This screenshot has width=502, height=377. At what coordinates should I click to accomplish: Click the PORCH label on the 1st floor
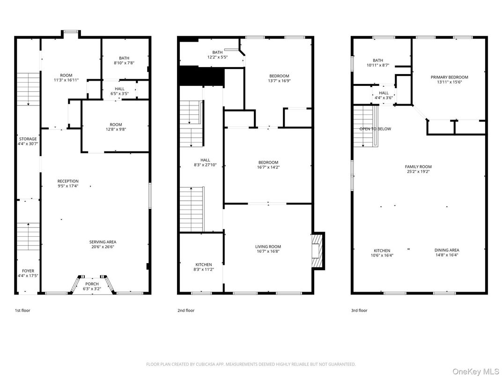click(x=92, y=284)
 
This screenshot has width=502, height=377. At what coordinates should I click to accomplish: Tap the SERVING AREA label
click(x=103, y=242)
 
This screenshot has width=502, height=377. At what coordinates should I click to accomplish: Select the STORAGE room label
click(x=28, y=139)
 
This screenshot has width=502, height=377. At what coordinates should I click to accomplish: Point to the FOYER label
click(x=28, y=271)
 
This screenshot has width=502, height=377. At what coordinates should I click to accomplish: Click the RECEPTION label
click(x=68, y=181)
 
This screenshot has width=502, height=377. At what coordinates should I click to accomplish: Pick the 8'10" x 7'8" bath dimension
click(x=124, y=63)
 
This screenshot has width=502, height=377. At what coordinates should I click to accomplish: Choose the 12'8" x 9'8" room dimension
click(x=116, y=129)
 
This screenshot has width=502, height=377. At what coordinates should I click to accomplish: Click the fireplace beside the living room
click(x=318, y=250)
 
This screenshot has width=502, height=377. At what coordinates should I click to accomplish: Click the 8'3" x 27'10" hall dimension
click(x=205, y=165)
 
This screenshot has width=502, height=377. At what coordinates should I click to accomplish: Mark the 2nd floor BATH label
click(x=217, y=53)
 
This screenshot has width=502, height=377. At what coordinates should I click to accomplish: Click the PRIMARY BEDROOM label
click(x=449, y=77)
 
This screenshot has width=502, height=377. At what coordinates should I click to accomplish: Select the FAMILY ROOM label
click(x=418, y=166)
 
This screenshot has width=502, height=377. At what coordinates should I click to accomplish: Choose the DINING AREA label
click(x=447, y=250)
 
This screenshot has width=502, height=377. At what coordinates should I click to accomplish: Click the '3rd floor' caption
click(x=359, y=310)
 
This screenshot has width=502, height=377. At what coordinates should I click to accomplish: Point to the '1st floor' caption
click(x=22, y=310)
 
